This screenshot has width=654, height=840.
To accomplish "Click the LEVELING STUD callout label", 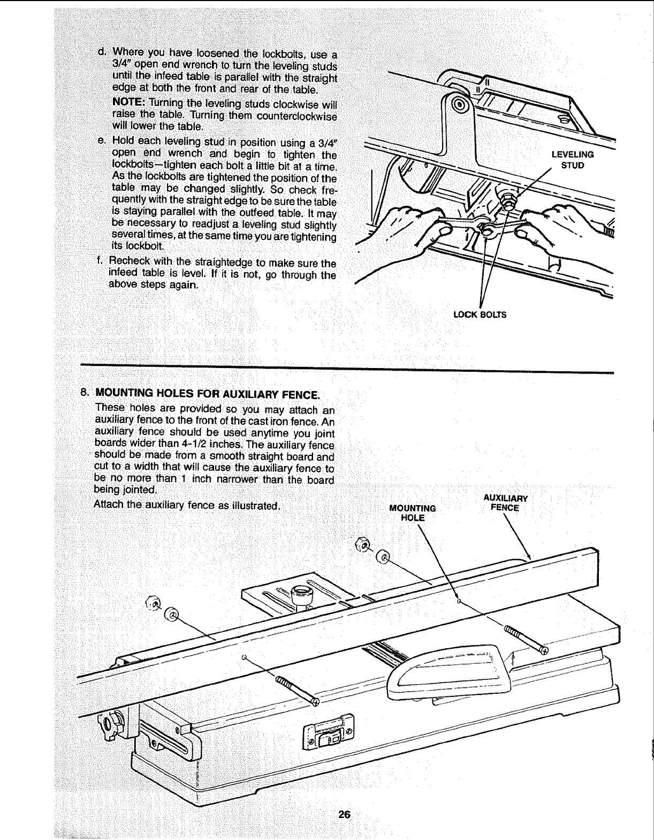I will click(x=572, y=160).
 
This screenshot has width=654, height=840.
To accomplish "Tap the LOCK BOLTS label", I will click(x=479, y=314).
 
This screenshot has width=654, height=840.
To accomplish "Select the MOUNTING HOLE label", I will click(x=413, y=513).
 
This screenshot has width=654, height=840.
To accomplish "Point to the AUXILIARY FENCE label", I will click(x=505, y=502).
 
